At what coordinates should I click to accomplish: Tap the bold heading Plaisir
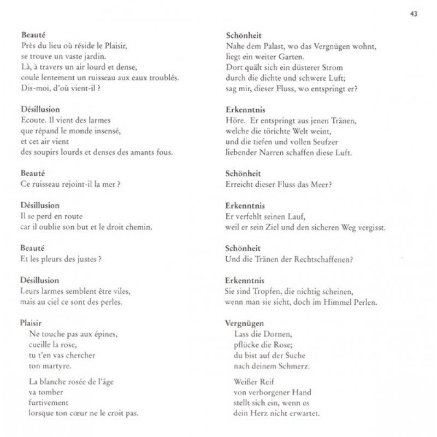(x=31, y=323)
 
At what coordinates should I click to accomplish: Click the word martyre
(x=48, y=365)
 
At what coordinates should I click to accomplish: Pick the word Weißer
(x=244, y=381)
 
